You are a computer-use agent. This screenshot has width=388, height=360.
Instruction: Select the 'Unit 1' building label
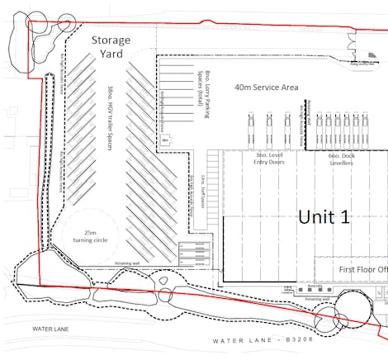pyautogui.click(x=324, y=216)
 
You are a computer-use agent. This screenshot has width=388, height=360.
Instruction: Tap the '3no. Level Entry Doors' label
pyautogui.click(x=268, y=159)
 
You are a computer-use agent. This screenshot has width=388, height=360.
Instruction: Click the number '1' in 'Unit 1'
pyautogui.click(x=343, y=216)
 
